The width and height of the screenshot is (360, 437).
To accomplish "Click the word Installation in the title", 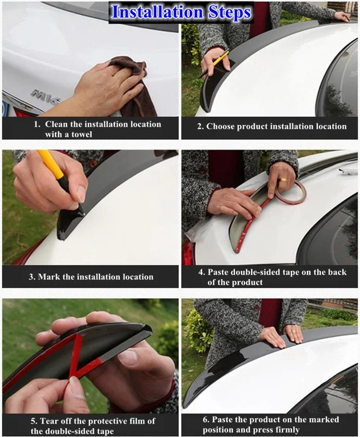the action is [x=157, y=12].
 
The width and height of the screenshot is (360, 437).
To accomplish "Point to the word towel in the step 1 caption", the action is [x=81, y=134].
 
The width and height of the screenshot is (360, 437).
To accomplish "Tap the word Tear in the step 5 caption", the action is [x=49, y=421].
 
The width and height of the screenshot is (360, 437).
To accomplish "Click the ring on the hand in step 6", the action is [x=294, y=332].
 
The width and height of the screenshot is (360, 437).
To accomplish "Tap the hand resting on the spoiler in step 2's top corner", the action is [x=342, y=16].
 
